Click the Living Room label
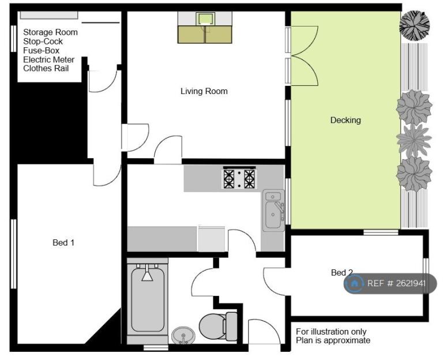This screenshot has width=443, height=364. [204, 91]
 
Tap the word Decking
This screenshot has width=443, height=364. [346, 120]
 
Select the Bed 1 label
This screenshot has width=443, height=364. [63, 242]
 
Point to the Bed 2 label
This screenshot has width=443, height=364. [342, 272]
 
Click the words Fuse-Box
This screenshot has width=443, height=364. [42, 51]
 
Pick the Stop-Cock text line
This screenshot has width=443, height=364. [43, 42]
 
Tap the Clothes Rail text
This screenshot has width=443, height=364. [46, 69]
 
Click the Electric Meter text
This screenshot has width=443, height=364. [49, 59]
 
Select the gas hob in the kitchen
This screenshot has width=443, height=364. [239, 178]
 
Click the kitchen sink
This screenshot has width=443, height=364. [273, 210]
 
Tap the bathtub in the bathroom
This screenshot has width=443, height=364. [148, 299]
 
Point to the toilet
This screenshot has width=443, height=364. [218, 326]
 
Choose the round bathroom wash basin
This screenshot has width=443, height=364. [183, 335]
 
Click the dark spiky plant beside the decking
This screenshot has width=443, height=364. [414, 26]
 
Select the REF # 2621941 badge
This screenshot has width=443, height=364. [390, 283]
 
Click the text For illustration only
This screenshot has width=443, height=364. [331, 332]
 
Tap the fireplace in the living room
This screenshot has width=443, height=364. [205, 28]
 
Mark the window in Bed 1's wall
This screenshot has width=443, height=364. [13, 254]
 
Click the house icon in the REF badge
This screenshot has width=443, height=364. [355, 283]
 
